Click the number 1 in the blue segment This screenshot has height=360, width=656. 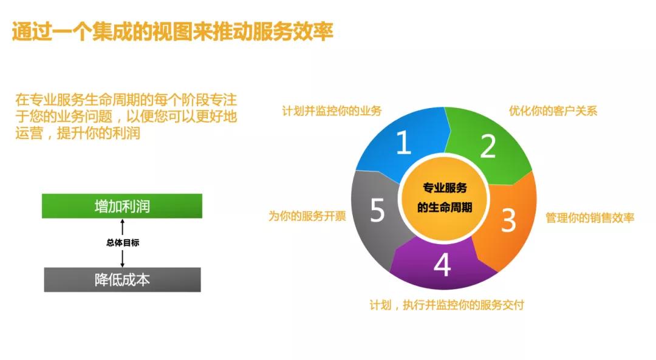[x=403, y=142]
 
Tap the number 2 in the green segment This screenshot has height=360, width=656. [x=488, y=146]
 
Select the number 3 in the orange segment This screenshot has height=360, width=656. [x=508, y=220]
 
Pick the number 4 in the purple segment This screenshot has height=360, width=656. [x=442, y=264]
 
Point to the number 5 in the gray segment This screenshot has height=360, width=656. [x=377, y=210]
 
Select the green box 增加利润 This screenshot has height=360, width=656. [x=121, y=206]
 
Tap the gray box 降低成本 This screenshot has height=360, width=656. [x=122, y=280]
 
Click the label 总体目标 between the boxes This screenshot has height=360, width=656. [x=123, y=242]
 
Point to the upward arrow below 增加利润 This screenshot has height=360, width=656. [x=123, y=227]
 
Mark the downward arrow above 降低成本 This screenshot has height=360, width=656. [x=123, y=259]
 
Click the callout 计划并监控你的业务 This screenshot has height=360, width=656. [x=332, y=111]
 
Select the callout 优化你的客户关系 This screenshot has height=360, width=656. [x=553, y=111]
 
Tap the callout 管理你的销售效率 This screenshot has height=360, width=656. [x=590, y=217]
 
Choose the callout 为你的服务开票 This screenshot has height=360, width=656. [x=307, y=216]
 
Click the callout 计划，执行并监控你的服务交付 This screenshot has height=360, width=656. [x=446, y=305]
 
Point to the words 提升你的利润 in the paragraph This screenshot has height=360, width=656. [x=98, y=133]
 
